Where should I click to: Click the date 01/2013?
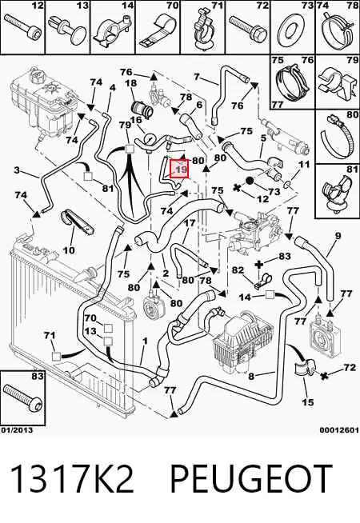(x=17, y=430)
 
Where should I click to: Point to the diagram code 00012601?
(x=339, y=430)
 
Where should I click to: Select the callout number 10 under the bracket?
(x=69, y=250)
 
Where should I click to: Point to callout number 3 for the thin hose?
(x=18, y=170)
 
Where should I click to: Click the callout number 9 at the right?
(x=338, y=236)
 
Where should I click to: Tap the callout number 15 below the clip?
(x=308, y=402)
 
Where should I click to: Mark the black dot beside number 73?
(x=250, y=181)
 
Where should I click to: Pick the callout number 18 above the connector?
(x=130, y=82)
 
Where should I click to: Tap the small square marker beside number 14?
(x=270, y=294)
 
